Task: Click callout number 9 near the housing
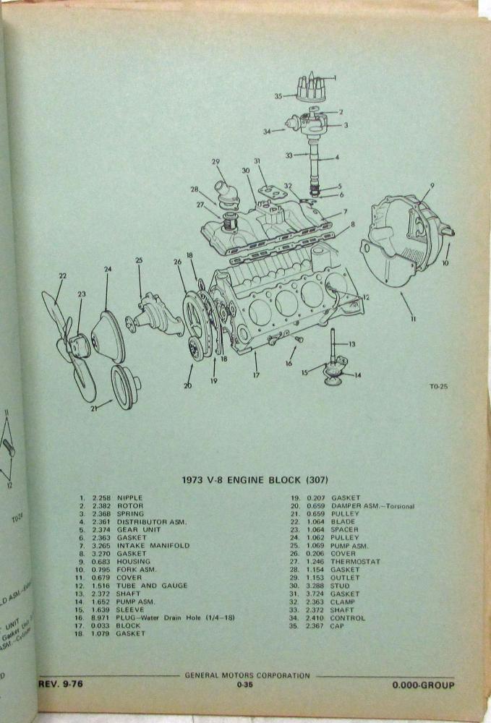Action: point(431,185)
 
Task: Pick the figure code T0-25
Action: point(437,386)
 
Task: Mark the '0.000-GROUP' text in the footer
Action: point(424,684)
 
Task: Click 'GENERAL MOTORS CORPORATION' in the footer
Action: point(247,675)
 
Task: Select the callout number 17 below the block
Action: point(255,375)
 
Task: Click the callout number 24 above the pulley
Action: point(108,270)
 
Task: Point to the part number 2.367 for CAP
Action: point(315,626)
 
